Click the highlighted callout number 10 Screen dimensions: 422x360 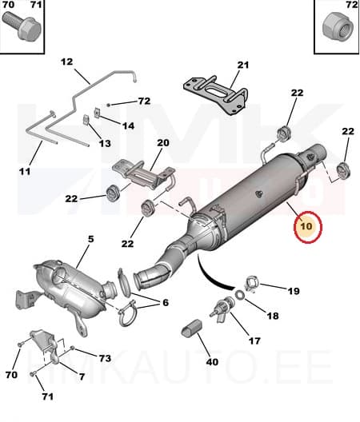pyautogui.click(x=307, y=228)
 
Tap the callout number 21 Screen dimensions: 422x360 pyautogui.click(x=243, y=65)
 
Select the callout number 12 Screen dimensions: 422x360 pyautogui.click(x=66, y=62)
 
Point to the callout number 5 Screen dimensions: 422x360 pyautogui.click(x=90, y=239)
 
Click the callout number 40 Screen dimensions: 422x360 pyautogui.click(x=212, y=362)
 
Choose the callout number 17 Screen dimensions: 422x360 pyautogui.click(x=254, y=341)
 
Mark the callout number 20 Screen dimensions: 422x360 pyautogui.click(x=163, y=144)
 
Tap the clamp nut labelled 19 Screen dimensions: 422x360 pyautogui.click(x=249, y=282)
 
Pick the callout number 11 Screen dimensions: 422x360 pyautogui.click(x=24, y=171)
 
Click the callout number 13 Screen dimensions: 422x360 pyautogui.click(x=104, y=144)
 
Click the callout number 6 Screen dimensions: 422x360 pyautogui.click(x=166, y=302)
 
